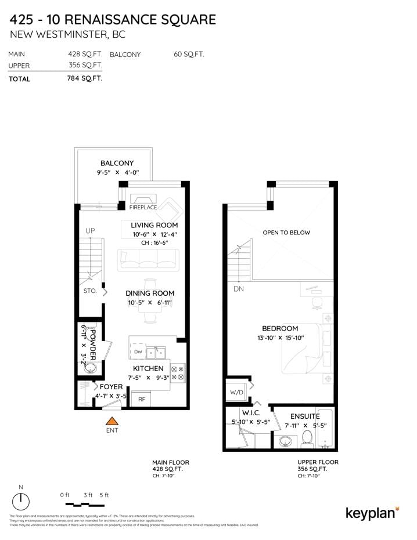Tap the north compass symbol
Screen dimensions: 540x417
[21, 500]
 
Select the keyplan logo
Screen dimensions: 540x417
[372, 513]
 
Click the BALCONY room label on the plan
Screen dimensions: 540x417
[117, 164]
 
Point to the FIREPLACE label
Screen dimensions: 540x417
[143, 207]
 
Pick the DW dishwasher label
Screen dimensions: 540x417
[138, 352]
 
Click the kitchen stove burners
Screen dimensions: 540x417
[178, 373]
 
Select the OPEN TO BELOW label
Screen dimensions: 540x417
[286, 233]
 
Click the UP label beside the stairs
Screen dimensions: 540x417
[90, 231]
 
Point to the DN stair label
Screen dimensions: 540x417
[239, 288]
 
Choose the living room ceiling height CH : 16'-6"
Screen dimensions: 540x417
[154, 243]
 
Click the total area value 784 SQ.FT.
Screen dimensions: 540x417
[85, 78]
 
